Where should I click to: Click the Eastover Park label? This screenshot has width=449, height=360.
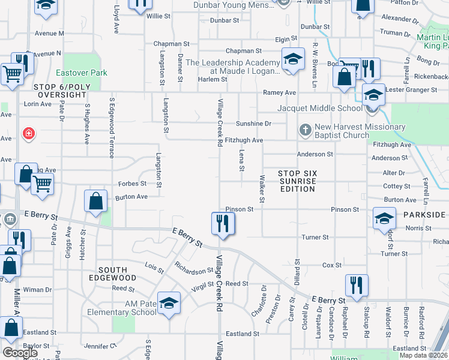[81, 73]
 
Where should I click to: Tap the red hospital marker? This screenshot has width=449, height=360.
[28, 133]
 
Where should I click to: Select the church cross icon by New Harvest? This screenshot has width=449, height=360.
[305, 130]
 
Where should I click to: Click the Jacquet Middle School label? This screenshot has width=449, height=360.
[320, 108]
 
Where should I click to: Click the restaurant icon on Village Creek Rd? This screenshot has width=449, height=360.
[222, 224]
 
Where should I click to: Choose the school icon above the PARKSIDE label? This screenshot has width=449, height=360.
[384, 218]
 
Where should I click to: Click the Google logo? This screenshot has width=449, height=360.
[20, 353]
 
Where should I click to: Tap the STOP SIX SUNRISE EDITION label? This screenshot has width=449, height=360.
[298, 181]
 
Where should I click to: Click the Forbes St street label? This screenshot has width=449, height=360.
[132, 184]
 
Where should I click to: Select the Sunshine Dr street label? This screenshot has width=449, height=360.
[253, 124]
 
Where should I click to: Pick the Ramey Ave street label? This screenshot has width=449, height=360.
[280, 92]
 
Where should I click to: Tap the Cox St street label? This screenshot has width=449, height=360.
[332, 265]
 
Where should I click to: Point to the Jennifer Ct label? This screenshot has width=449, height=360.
[100, 346]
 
